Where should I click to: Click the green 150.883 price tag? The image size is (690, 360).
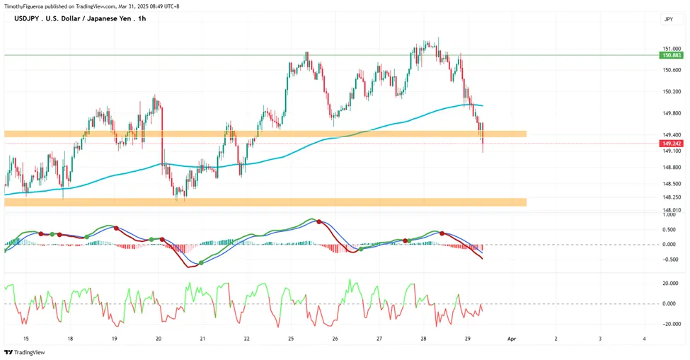click(671, 55)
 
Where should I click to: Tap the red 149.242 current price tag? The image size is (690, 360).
click(671, 144)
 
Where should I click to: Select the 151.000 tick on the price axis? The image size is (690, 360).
click(672, 49)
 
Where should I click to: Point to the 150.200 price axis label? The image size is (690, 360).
click(672, 92)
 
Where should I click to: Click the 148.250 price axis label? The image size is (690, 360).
click(672, 197)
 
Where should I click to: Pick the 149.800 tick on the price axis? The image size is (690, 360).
click(672, 113)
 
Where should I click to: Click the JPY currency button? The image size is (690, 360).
click(669, 19)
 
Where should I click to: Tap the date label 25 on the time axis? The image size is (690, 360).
click(291, 339)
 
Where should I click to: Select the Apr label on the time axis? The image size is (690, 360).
click(511, 339)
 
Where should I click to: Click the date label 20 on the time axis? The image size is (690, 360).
click(159, 339)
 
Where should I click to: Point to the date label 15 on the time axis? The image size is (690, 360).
click(26, 339)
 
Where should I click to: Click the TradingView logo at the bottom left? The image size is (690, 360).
click(25, 352)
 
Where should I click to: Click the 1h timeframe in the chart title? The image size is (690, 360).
click(142, 18)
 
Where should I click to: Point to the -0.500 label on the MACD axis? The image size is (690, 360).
click(671, 260)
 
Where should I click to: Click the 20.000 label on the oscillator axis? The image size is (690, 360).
click(672, 284)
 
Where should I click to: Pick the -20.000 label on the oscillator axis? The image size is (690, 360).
click(671, 324)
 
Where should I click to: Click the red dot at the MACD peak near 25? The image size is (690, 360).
click(319, 222)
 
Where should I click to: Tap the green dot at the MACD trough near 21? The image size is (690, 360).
click(201, 263)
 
